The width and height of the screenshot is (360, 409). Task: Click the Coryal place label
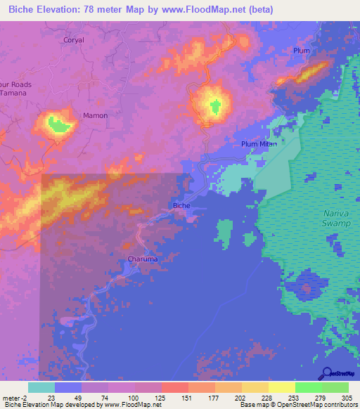pyautogui.click(x=73, y=40)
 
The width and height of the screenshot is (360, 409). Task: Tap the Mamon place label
pyautogui.click(x=96, y=115)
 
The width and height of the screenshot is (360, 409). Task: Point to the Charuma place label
pyautogui.click(x=142, y=259)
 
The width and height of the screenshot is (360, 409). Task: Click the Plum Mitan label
pyautogui.click(x=257, y=144)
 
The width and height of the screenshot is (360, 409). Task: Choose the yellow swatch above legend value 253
pyautogui.click(x=282, y=387)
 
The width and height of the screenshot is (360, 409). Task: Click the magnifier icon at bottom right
pyautogui.click(x=327, y=374)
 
